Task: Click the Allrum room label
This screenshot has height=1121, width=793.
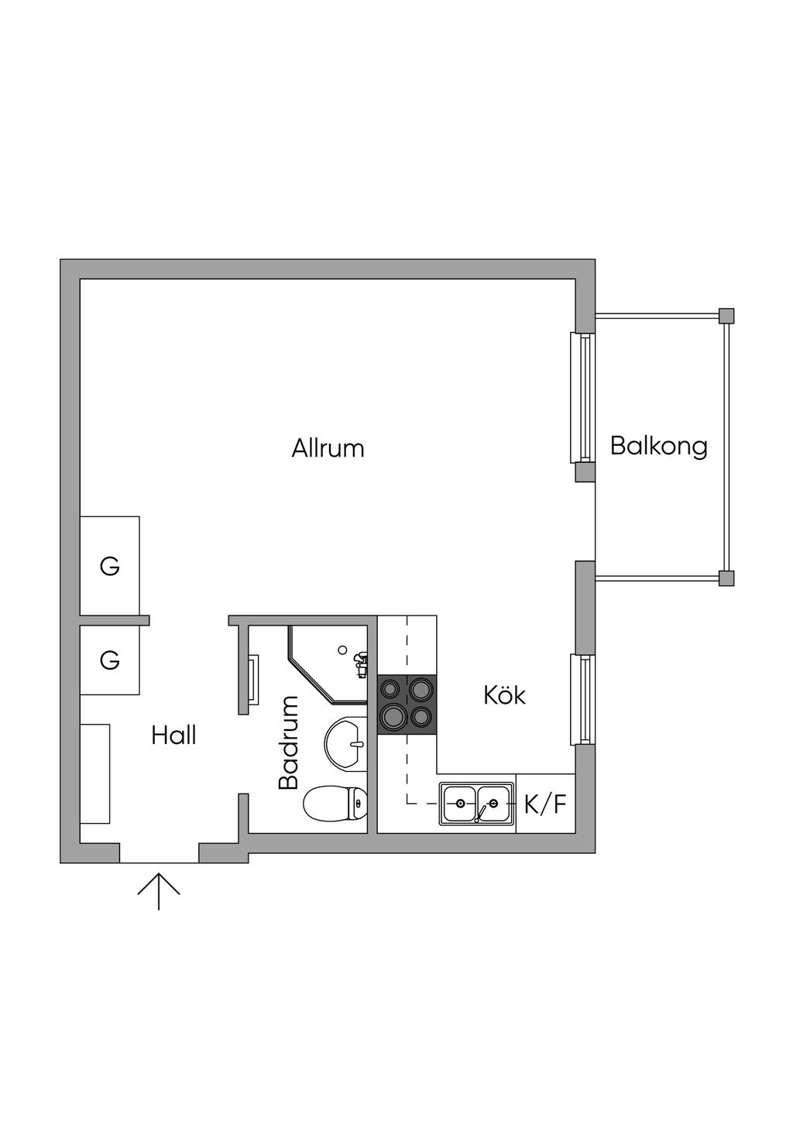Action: [328, 448]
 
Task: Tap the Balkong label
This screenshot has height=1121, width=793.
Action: [659, 446]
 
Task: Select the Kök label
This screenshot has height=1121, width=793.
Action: [505, 695]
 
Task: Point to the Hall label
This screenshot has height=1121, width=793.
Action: [173, 735]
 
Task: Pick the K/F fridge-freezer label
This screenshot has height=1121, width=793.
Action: [545, 804]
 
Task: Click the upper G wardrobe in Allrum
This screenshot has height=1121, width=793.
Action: [110, 565]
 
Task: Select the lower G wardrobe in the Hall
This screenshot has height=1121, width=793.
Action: [110, 660]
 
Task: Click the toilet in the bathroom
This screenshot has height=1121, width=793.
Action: [335, 804]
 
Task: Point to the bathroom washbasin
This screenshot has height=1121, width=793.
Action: [346, 743]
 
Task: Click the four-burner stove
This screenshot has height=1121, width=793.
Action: [407, 704]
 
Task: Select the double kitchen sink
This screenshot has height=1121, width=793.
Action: [476, 804]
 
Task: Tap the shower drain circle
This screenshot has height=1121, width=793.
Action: [342, 650]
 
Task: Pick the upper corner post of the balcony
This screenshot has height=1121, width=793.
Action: [726, 315]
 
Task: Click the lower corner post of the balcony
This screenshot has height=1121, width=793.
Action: [726, 578]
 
